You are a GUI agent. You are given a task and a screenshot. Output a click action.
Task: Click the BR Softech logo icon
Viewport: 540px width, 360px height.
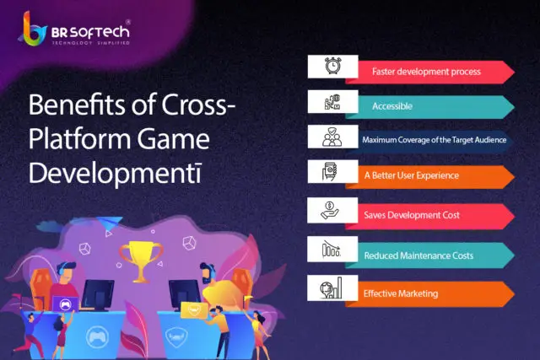coord(33,29)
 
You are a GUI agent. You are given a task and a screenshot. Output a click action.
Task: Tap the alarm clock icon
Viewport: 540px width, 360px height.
coord(333,66)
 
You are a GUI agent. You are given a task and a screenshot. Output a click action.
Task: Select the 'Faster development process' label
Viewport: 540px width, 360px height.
coord(426,72)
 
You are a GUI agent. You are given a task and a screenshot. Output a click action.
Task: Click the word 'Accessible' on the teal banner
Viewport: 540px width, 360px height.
coord(391,106)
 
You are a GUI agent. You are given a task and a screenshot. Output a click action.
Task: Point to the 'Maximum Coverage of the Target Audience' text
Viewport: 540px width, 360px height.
coord(434,140)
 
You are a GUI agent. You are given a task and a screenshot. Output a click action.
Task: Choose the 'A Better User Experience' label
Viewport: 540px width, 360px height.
coord(412,175)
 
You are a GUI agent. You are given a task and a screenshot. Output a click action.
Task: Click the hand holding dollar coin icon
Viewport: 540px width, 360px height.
coord(330,210)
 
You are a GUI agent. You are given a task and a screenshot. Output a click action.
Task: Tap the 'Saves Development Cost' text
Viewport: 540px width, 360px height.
coord(412,215)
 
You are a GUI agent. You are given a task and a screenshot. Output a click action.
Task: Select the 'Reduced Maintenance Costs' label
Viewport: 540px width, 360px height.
coord(418,255)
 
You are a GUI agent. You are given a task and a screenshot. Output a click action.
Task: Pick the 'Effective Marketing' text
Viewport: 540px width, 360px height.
coord(401,293)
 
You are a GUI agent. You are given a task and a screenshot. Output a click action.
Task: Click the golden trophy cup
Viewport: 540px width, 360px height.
coord(141,260)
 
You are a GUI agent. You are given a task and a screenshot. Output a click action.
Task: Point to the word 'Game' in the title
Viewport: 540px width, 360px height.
coord(173,139)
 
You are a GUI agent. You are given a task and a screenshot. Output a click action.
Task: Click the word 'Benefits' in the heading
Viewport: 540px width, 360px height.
coord(77,105)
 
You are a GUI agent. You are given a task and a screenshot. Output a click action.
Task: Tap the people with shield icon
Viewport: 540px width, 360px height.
coord(332,137)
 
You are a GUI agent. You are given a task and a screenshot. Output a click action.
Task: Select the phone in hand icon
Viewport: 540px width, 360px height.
coord(330,171)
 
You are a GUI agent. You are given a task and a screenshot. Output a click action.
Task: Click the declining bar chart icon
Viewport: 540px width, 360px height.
coord(332,249)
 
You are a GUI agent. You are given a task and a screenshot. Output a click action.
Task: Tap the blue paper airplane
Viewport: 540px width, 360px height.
coord(110,223)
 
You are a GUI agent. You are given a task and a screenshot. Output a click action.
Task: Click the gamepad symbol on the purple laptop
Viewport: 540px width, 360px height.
coord(65,304)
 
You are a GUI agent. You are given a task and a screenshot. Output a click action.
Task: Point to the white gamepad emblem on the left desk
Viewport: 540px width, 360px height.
coord(98,336)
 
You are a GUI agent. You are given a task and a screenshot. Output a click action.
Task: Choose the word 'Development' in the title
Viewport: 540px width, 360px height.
coord(115,174)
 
